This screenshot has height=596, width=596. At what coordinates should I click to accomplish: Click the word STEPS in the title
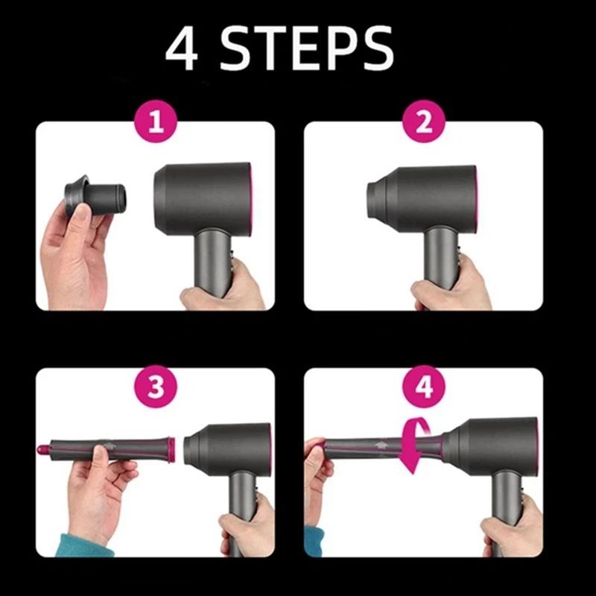(x=307, y=49)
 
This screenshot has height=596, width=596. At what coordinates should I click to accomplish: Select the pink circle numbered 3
(x=156, y=387)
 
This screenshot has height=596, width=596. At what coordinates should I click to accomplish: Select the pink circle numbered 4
(x=424, y=387)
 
